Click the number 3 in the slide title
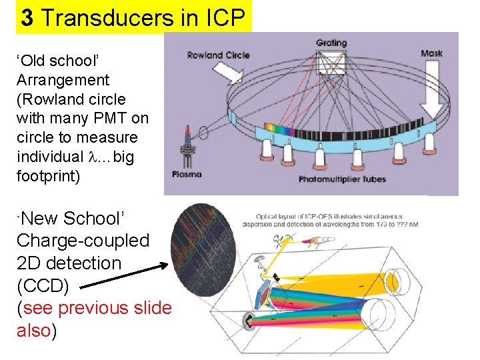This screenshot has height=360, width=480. [27, 17]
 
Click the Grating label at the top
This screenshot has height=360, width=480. [331, 43]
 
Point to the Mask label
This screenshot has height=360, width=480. [432, 53]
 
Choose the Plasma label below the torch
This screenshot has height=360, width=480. [186, 175]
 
